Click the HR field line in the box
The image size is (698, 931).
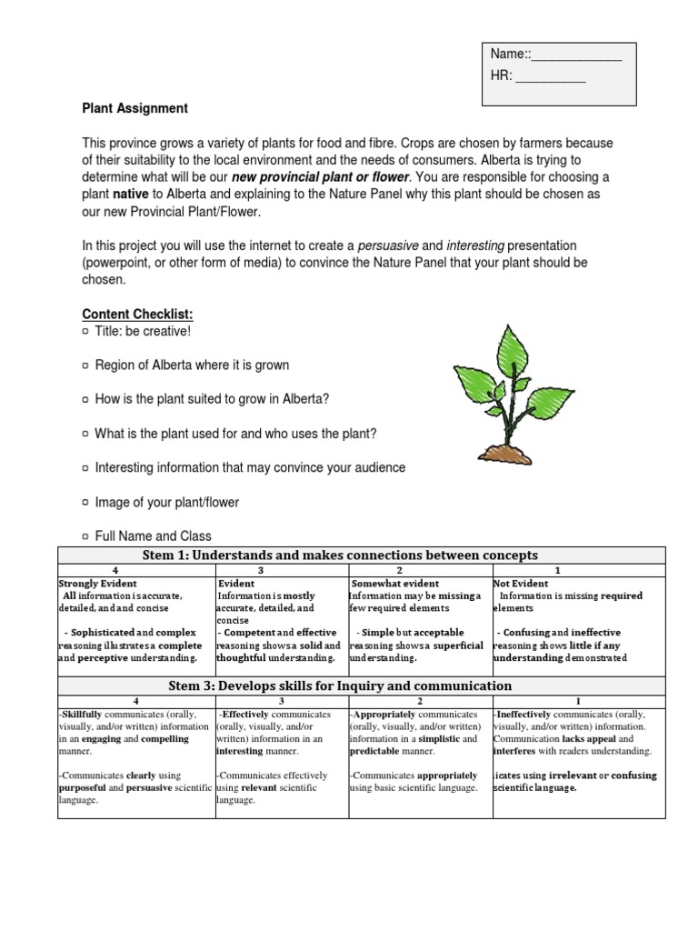tap(551, 79)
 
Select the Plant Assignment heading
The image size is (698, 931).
tap(135, 108)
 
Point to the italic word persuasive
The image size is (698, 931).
tap(387, 245)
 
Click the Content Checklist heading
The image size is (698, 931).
tap(138, 314)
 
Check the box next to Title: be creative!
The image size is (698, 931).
tap(86, 331)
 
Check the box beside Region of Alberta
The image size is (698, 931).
tap(86, 365)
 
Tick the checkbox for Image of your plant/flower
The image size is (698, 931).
tap(86, 502)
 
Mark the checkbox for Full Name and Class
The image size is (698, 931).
tap(86, 536)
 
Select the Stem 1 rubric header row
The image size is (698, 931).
tap(362, 556)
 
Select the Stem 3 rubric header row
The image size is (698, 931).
tap(362, 686)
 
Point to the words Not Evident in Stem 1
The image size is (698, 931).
tap(521, 584)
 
